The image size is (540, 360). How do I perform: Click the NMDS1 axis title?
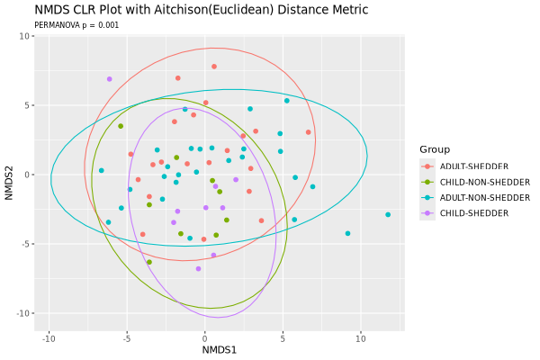[219, 349]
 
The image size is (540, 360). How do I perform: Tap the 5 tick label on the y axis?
[28, 105]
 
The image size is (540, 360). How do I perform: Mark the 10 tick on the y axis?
[26, 36]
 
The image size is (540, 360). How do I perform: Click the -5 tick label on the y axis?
[26, 244]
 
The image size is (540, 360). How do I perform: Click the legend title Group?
[434, 149]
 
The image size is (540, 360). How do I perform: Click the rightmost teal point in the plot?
[388, 215]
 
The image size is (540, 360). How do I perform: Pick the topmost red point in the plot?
[214, 67]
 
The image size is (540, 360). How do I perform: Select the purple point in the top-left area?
[110, 79]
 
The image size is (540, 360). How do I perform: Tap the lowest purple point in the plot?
[198, 269]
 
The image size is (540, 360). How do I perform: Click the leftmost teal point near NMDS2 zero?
[102, 170]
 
